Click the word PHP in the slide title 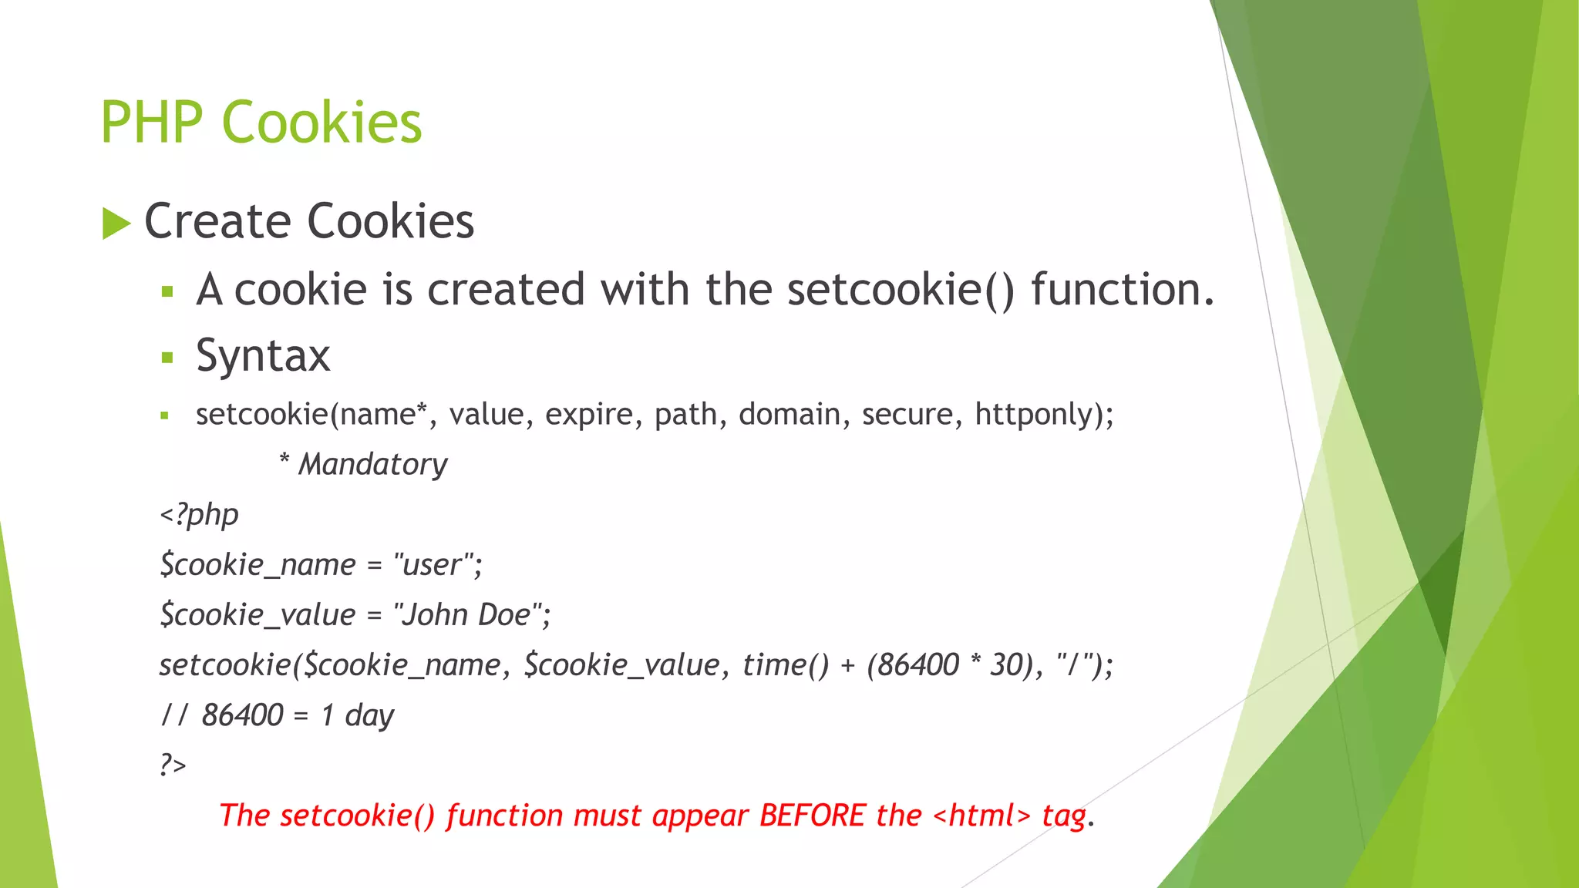click(x=151, y=123)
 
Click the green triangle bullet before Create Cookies click(x=116, y=224)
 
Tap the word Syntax click(x=263, y=356)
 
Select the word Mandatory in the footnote click(x=372, y=464)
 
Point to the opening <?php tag click(x=199, y=514)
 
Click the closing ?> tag click(x=173, y=765)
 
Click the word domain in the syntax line click(x=789, y=414)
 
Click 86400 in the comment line click(x=242, y=715)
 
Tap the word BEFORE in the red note click(x=812, y=816)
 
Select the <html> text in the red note click(x=981, y=816)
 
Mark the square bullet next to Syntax click(x=167, y=358)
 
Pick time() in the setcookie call click(x=785, y=664)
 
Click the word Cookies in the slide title click(x=322, y=123)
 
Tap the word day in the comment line click(x=369, y=715)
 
